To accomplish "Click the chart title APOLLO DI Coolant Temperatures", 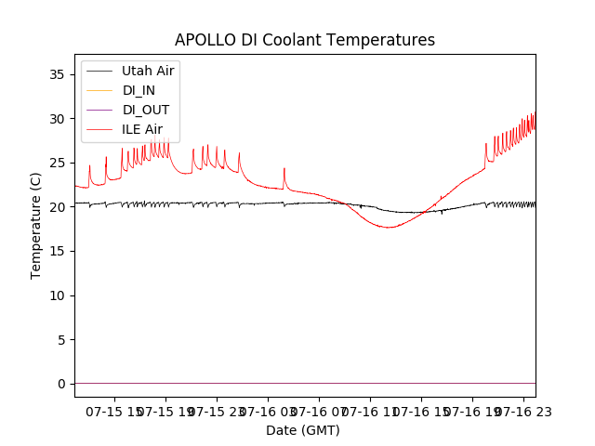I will (305, 40).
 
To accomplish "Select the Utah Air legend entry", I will (148, 71).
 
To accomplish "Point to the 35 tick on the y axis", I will (60, 74).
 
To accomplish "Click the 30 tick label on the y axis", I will (60, 119).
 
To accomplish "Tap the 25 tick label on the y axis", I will (60, 163).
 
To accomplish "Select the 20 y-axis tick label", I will (60, 207).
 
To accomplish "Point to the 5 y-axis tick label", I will (64, 339).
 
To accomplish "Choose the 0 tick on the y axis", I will (64, 384).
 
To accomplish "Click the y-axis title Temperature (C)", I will (36, 225).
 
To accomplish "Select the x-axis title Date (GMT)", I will (303, 430).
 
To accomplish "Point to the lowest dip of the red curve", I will (389, 227).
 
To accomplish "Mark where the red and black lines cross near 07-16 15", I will (423, 212).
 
